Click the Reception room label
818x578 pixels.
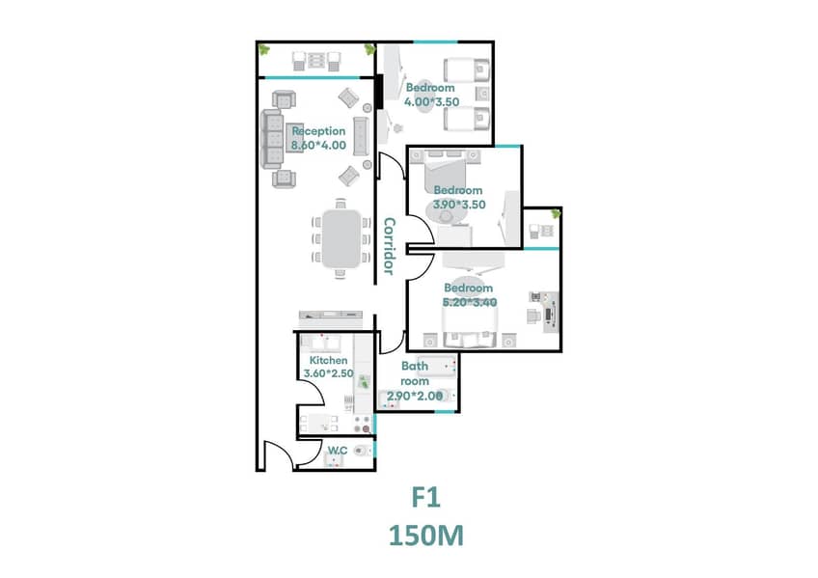(318, 131)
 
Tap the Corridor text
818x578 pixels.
(389, 246)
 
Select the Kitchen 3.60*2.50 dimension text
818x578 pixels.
(329, 373)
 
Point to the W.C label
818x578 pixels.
(338, 450)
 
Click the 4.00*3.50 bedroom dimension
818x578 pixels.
(432, 101)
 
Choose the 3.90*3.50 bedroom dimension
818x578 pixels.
(459, 205)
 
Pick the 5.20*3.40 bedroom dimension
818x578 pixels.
(470, 302)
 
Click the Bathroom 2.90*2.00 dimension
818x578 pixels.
(415, 396)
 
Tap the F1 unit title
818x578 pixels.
(426, 497)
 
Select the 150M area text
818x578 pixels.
(426, 536)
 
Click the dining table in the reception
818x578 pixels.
(341, 238)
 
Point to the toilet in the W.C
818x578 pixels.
(361, 450)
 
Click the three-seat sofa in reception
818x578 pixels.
(272, 139)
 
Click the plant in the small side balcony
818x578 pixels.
(556, 213)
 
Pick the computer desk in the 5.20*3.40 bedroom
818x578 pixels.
(551, 313)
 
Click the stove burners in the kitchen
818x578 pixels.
(363, 425)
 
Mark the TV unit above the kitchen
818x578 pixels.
(331, 316)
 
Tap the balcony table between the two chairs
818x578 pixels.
(316, 60)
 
